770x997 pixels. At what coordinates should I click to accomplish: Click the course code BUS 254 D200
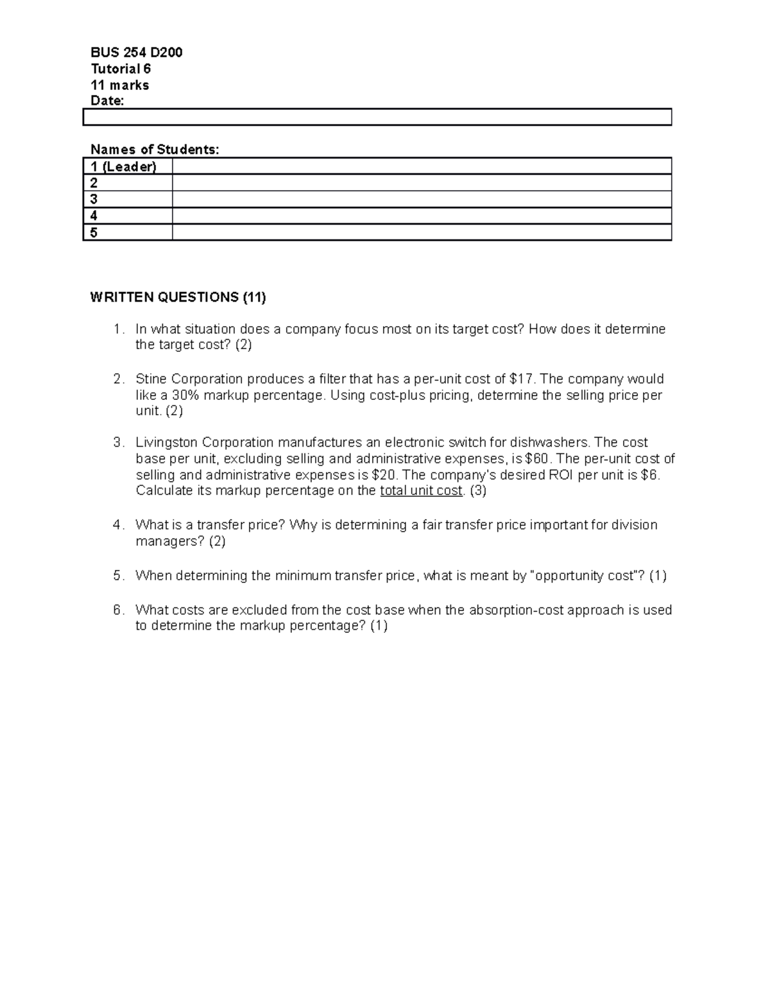tap(136, 53)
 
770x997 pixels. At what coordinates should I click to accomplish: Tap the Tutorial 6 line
tap(121, 69)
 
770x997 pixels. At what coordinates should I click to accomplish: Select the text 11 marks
tap(119, 85)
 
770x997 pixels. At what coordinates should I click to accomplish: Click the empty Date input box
tap(377, 117)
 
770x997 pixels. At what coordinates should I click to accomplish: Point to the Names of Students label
tap(154, 150)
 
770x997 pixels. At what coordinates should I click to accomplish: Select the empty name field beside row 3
tap(422, 200)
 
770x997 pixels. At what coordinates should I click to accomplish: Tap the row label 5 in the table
tap(94, 232)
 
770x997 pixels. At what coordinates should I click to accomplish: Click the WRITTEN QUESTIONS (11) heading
tap(178, 297)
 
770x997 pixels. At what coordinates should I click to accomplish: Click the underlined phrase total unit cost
tap(421, 491)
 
